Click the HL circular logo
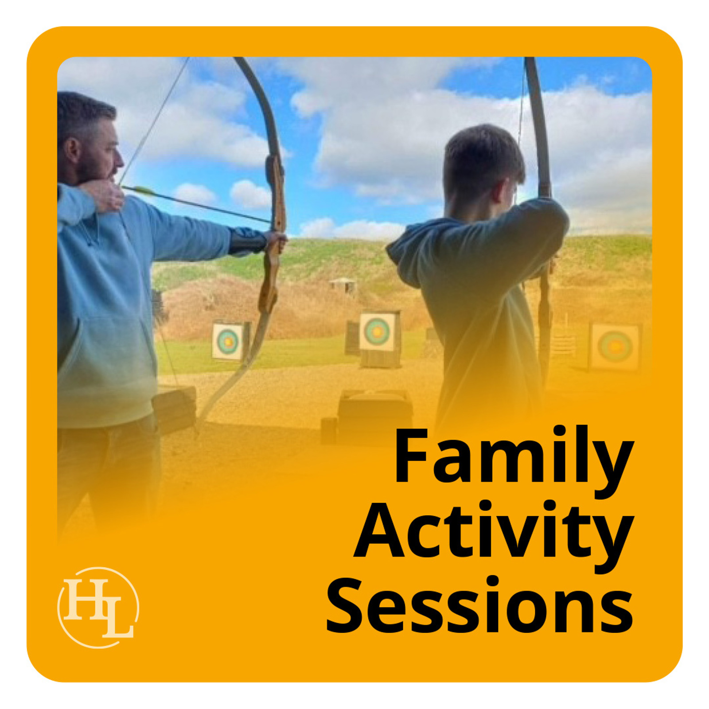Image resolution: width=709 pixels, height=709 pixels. (x=98, y=608)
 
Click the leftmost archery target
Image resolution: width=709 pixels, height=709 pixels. (x=228, y=341)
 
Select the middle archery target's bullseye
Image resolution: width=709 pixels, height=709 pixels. (x=377, y=330)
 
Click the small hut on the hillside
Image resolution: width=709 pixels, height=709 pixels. (x=342, y=286)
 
